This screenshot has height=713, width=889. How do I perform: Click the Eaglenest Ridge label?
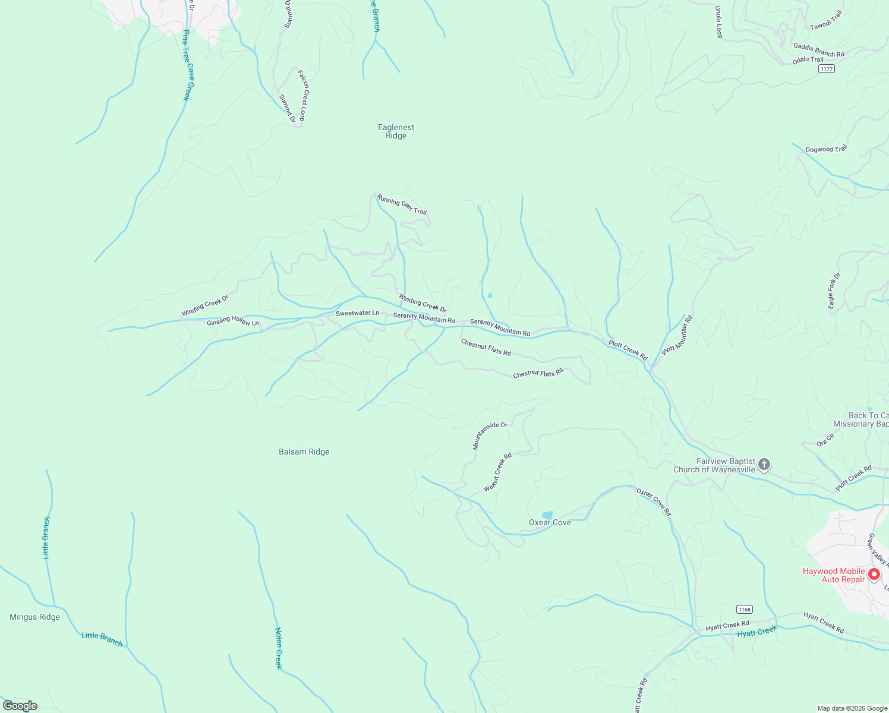396,131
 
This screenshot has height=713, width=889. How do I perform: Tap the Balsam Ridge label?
304,452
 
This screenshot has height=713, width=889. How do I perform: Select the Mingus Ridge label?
34,617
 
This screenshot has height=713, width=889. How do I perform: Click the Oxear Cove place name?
550,523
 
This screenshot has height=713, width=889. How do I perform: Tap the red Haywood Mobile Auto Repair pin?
874,574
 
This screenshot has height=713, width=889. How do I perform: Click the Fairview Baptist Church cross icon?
764,465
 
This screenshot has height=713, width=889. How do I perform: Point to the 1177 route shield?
826,69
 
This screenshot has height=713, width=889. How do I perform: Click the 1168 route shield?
744,610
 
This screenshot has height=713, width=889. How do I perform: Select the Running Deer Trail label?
402,204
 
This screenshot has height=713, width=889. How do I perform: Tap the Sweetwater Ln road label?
357,313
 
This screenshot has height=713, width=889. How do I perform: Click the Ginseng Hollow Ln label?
233,321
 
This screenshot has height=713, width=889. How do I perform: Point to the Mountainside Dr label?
490,436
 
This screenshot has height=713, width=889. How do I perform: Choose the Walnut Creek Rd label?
497,472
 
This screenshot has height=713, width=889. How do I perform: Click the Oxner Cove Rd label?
654,502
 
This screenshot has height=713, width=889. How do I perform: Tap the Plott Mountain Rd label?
677,335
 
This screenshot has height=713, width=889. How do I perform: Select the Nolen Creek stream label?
278,648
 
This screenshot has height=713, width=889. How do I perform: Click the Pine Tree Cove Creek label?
186,65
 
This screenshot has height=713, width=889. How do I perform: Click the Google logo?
20,706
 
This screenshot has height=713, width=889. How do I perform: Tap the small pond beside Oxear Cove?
547,515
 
